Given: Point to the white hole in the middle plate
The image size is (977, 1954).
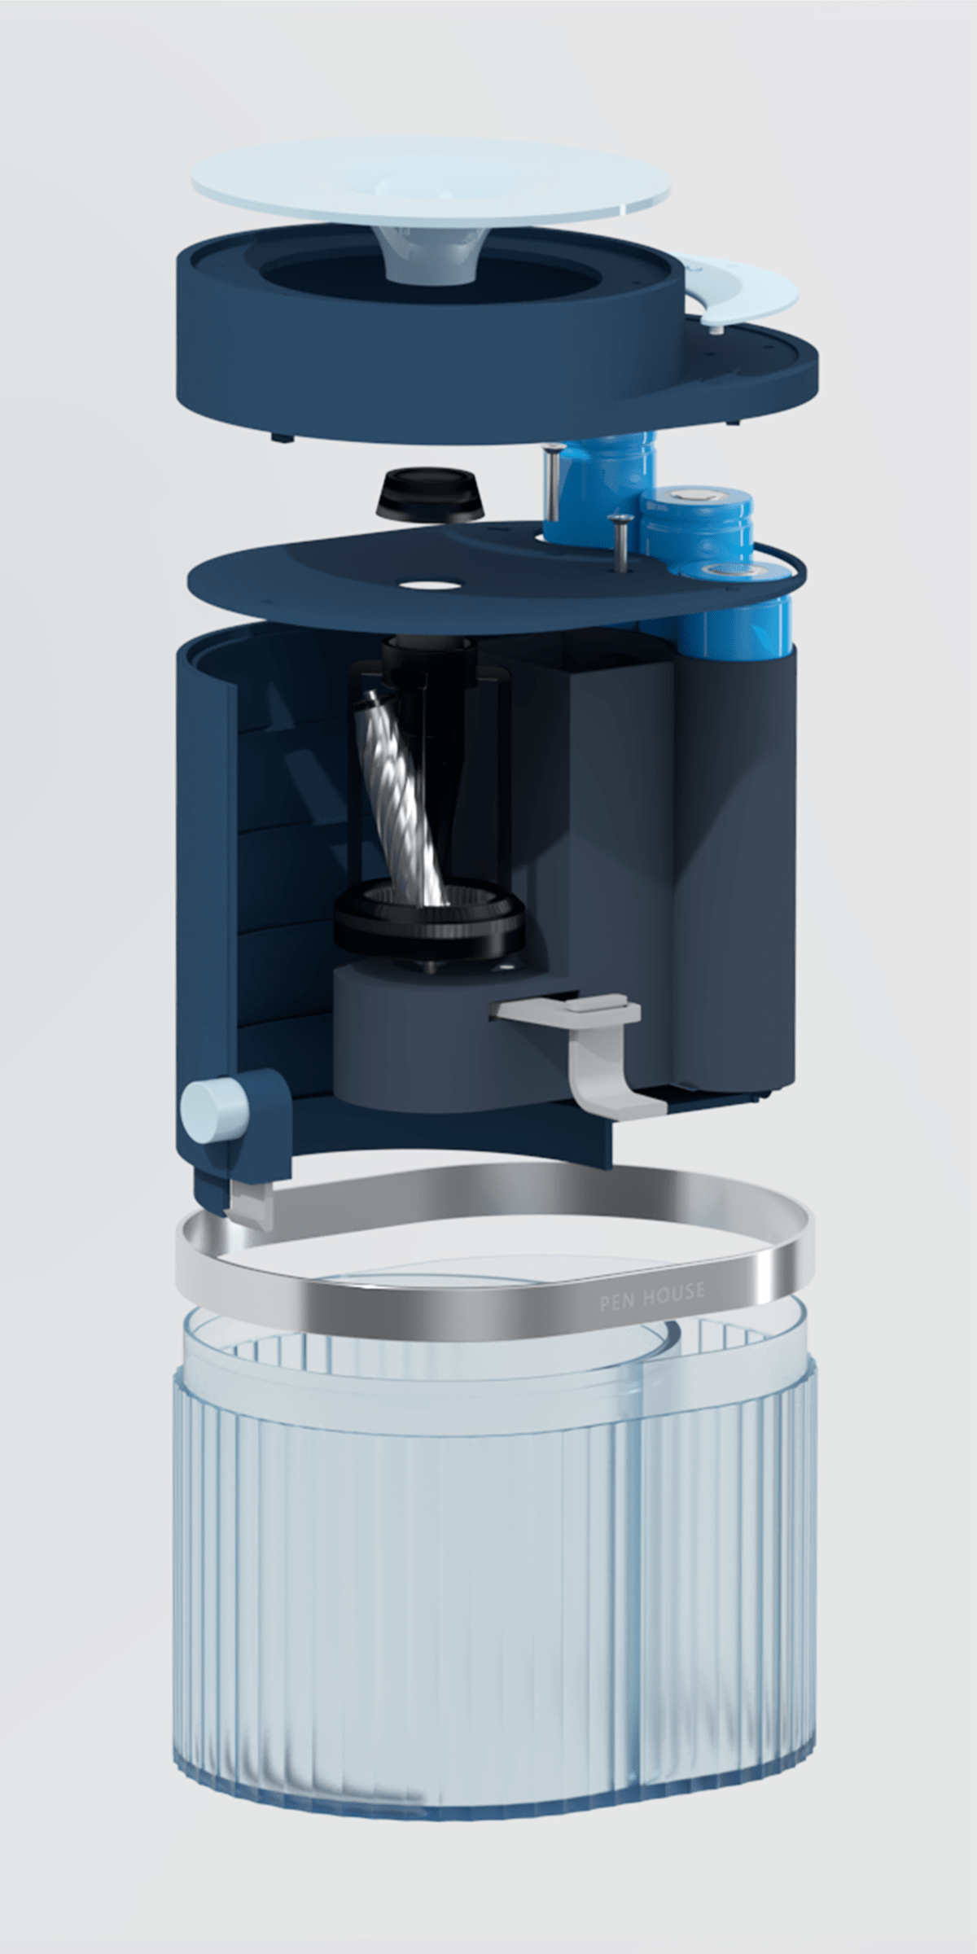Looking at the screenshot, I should click(x=432, y=584).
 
